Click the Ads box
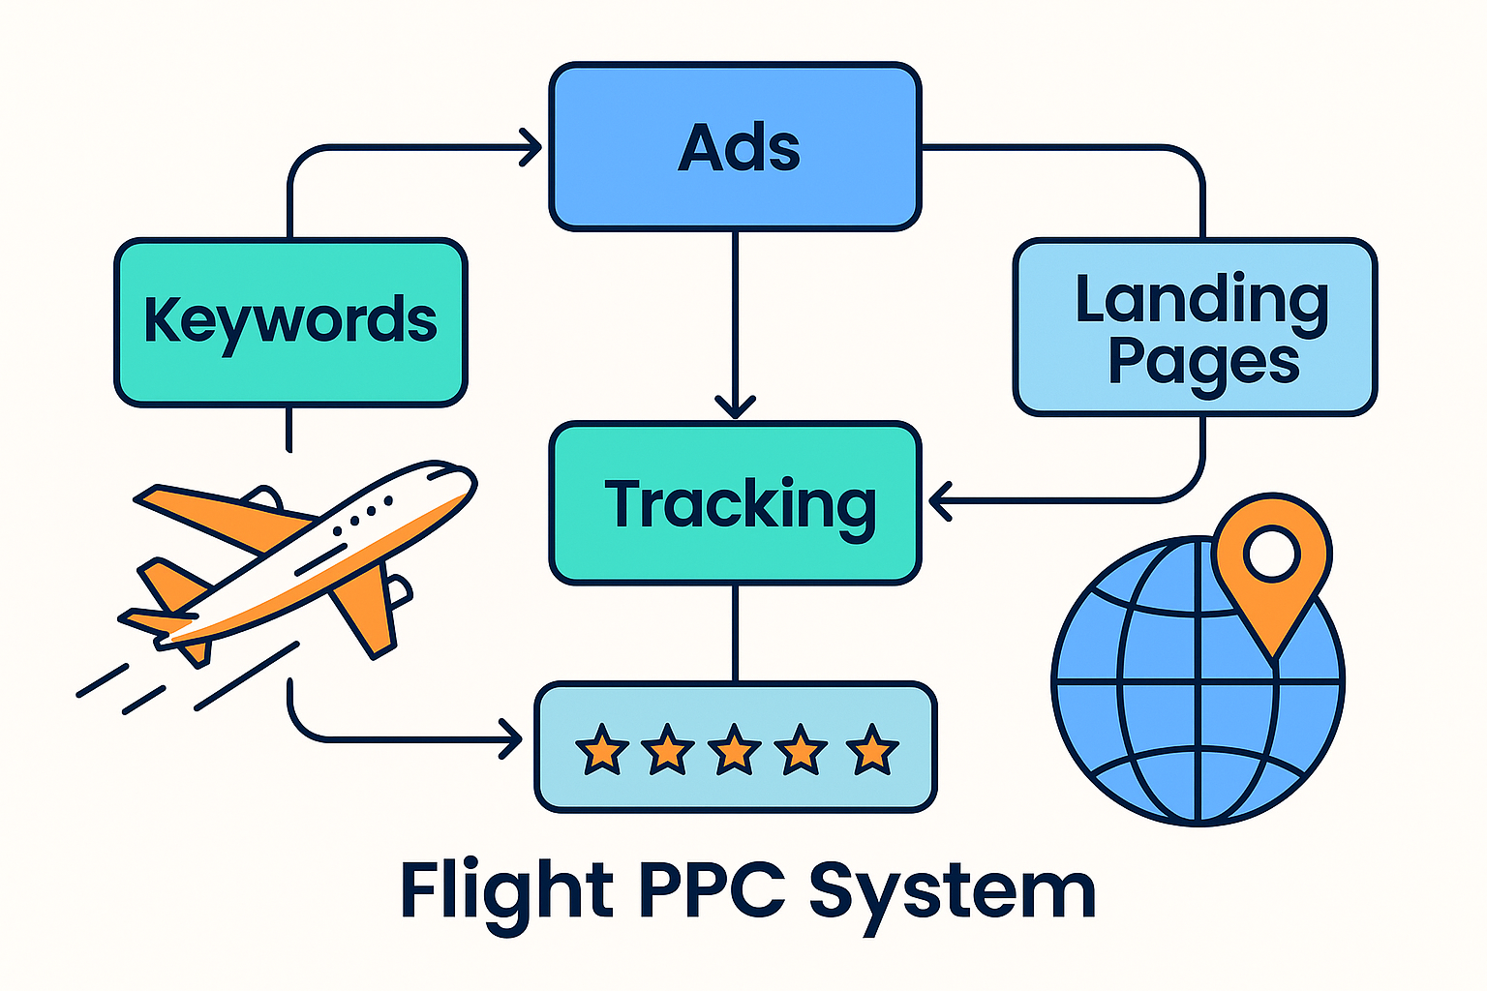point(735,147)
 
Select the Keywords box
point(290,322)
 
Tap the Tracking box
point(735,503)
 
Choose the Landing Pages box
point(1195,327)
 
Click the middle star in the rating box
point(734,749)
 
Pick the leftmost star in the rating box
point(601,749)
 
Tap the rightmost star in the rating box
point(871,749)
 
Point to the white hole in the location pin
point(1272,553)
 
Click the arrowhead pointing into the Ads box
point(531,148)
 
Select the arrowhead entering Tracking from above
point(735,406)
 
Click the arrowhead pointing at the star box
point(510,741)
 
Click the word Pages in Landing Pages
point(1202,364)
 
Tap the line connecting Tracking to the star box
point(735,634)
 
